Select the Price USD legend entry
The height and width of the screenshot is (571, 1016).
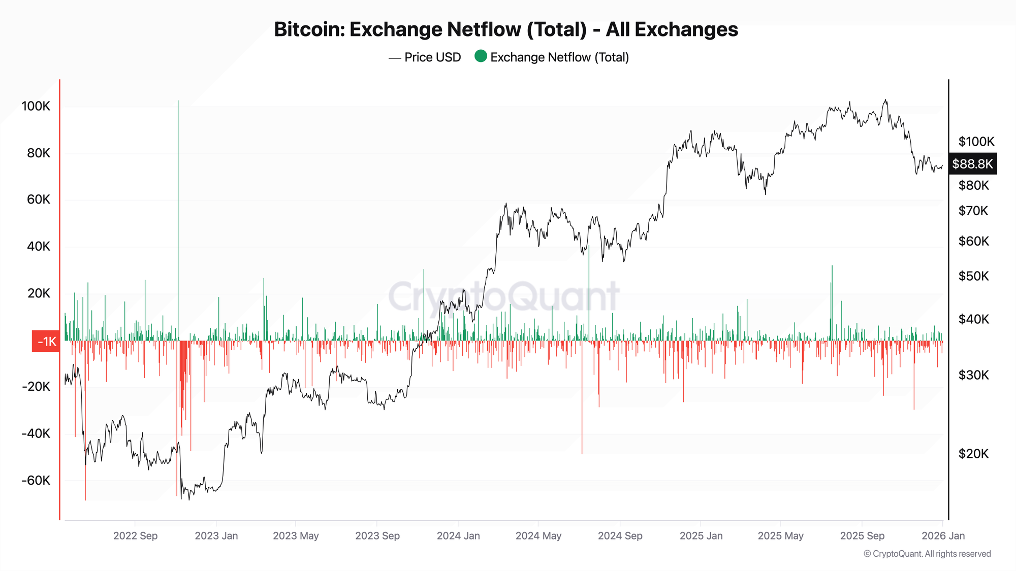click(432, 57)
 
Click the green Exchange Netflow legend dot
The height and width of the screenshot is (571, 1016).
click(480, 56)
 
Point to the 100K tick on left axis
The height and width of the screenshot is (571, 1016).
click(36, 106)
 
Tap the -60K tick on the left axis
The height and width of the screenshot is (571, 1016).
click(36, 480)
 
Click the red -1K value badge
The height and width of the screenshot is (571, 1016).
click(46, 341)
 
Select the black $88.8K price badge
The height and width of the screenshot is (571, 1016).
click(972, 163)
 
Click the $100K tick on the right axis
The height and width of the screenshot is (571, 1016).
click(976, 142)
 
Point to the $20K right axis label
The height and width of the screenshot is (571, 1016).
click(973, 454)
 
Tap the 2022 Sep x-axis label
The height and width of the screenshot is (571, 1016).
click(135, 535)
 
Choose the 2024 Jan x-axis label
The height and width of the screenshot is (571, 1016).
click(458, 535)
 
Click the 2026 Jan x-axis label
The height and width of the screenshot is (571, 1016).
click(943, 535)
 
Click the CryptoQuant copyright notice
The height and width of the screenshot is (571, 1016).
click(927, 554)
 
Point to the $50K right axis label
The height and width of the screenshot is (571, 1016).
click(973, 276)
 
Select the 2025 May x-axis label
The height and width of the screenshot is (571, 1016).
click(780, 535)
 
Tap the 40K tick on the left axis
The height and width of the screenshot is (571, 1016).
click(39, 247)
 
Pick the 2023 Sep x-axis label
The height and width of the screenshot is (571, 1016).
click(377, 535)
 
